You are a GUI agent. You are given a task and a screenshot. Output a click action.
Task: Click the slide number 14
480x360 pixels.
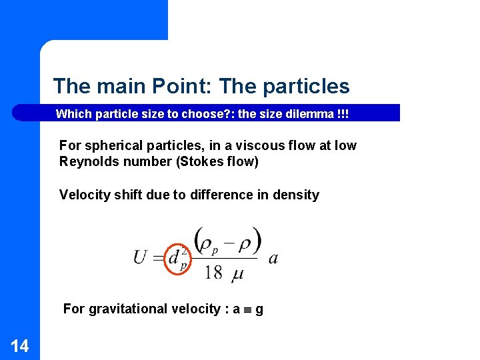click(x=20, y=345)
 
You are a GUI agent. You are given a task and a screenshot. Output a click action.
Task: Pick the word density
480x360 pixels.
click(x=295, y=195)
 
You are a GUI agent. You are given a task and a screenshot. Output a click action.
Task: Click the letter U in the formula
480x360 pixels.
click(x=140, y=257)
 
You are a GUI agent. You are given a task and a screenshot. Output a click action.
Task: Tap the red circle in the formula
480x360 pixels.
click(x=177, y=257)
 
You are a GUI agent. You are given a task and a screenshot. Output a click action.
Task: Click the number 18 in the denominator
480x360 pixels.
click(x=213, y=272)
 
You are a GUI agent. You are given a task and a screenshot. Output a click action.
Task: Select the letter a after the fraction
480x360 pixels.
click(x=273, y=258)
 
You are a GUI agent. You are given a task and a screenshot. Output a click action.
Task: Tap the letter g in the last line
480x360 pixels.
click(x=259, y=309)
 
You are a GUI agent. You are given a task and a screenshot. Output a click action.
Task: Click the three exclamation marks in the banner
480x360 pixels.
click(x=343, y=113)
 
